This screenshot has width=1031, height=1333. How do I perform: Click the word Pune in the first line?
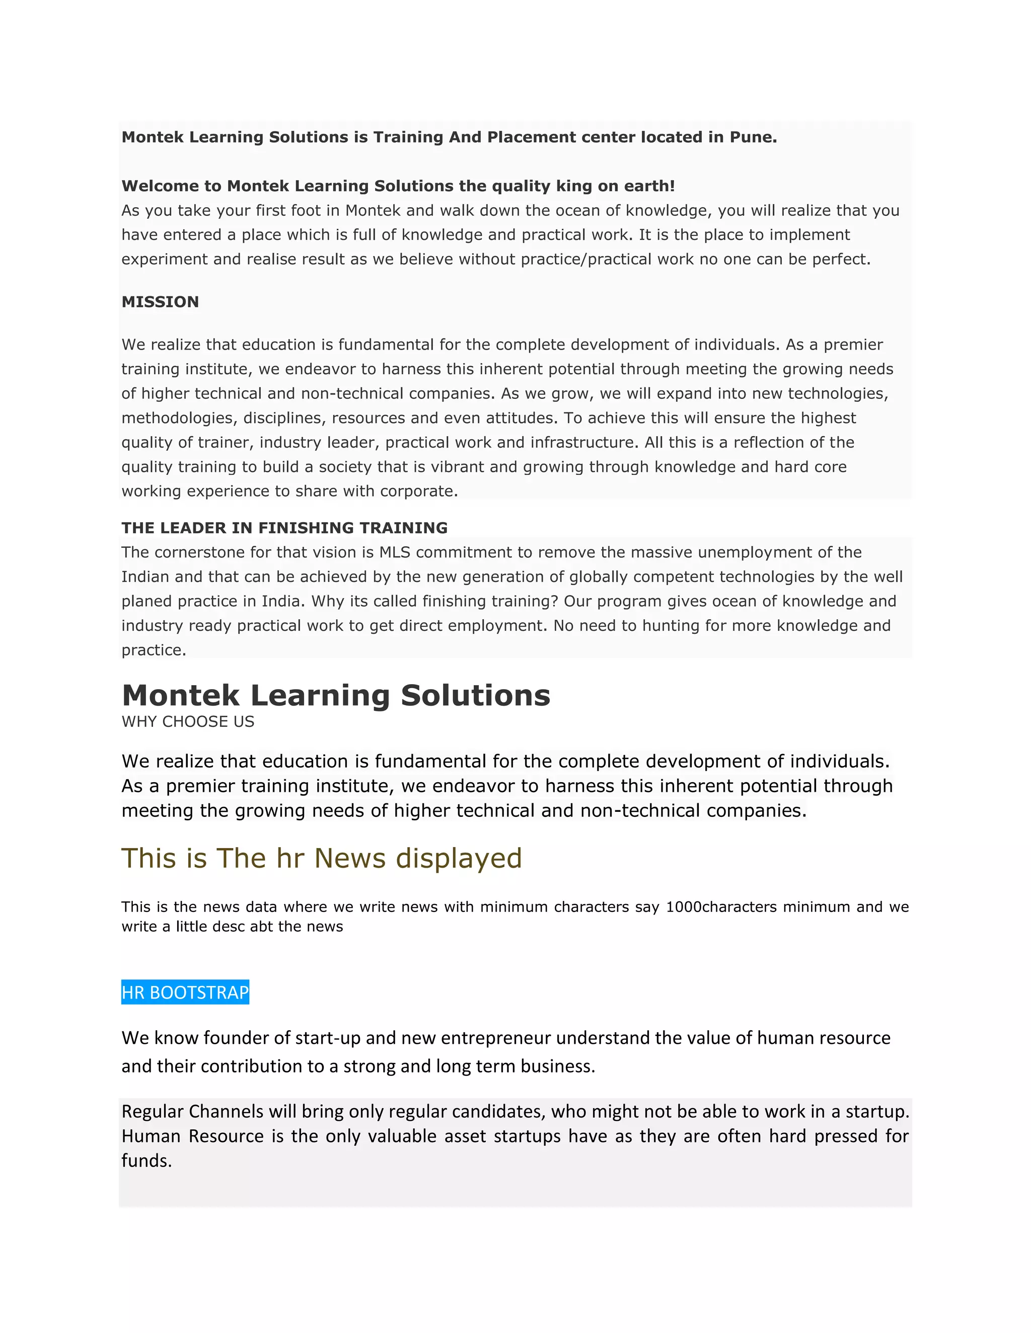(753, 137)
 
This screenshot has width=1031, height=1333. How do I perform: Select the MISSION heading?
(160, 302)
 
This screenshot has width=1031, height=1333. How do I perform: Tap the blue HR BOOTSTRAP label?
(185, 992)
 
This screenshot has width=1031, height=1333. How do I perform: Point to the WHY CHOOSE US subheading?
(187, 721)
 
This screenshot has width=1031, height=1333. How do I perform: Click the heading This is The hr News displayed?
(321, 858)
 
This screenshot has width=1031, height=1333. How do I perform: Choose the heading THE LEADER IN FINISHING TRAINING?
(284, 528)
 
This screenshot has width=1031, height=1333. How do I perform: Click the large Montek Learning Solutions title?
(336, 695)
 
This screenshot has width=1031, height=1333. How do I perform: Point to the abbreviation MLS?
(395, 552)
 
